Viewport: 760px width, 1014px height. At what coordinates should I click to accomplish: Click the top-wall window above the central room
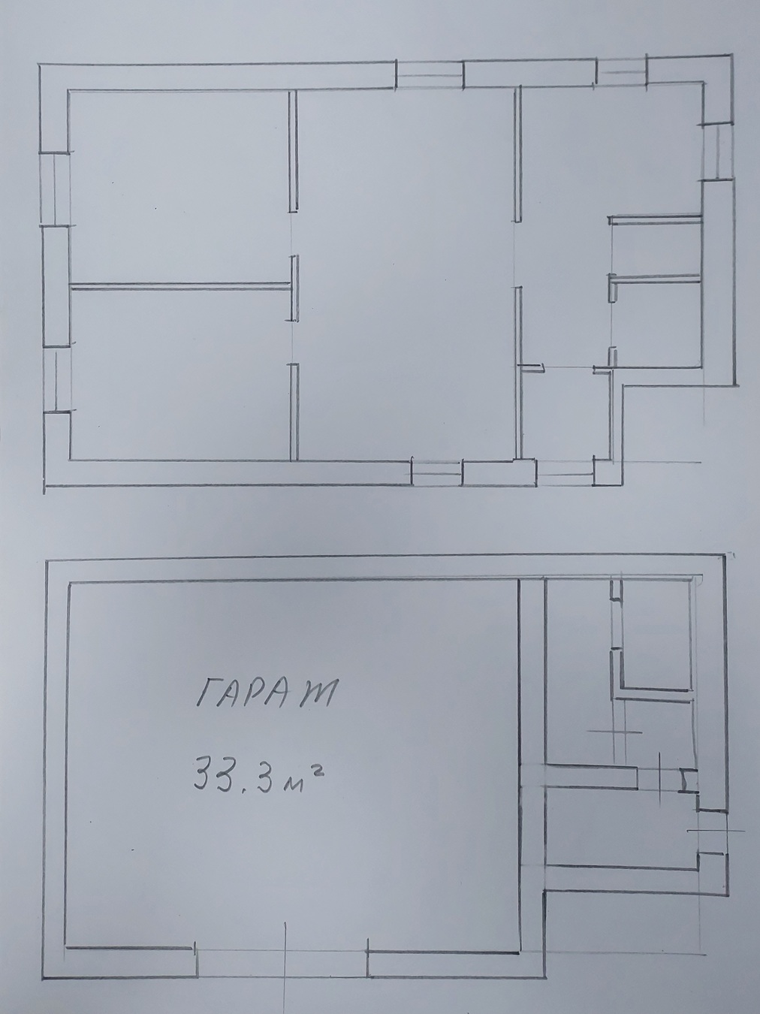430,75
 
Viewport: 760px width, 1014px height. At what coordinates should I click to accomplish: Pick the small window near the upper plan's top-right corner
621,71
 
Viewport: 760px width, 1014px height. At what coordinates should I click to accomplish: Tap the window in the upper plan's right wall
717,152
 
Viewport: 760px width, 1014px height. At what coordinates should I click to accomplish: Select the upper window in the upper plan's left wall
56,189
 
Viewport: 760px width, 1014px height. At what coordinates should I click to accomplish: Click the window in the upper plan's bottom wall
437,472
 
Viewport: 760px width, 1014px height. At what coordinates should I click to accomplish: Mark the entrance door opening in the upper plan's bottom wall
565,472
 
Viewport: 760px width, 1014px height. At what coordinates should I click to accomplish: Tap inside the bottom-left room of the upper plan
180,375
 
